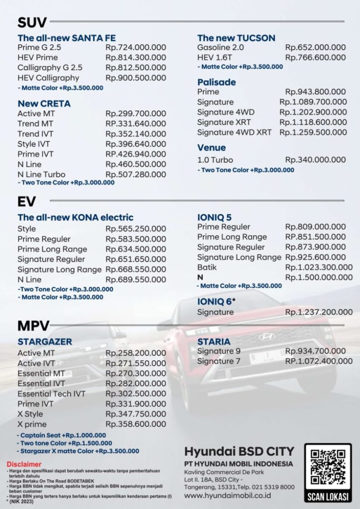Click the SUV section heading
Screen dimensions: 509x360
(x=32, y=22)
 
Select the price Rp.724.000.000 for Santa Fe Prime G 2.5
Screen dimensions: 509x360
(x=136, y=48)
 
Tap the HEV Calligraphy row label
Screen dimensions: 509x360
(x=48, y=78)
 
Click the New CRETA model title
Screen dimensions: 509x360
(x=44, y=103)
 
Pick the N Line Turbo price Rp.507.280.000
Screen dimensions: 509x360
(x=136, y=174)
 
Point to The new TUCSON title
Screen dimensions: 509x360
(x=236, y=38)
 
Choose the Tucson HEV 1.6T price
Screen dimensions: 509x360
(x=315, y=58)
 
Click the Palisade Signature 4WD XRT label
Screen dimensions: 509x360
(x=234, y=132)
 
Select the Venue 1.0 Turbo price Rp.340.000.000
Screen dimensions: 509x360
(x=315, y=160)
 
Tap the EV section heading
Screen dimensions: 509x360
(x=26, y=201)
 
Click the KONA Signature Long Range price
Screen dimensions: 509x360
(x=136, y=269)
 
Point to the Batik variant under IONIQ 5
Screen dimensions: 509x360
(x=207, y=267)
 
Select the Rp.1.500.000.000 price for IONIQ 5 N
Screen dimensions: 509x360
(x=319, y=277)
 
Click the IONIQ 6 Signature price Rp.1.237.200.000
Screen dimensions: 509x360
(x=319, y=312)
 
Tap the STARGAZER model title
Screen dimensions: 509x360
(x=45, y=341)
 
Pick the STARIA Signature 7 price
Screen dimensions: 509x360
(x=315, y=361)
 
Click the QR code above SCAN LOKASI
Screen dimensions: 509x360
(x=328, y=467)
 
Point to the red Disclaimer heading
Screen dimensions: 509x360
(x=21, y=464)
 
